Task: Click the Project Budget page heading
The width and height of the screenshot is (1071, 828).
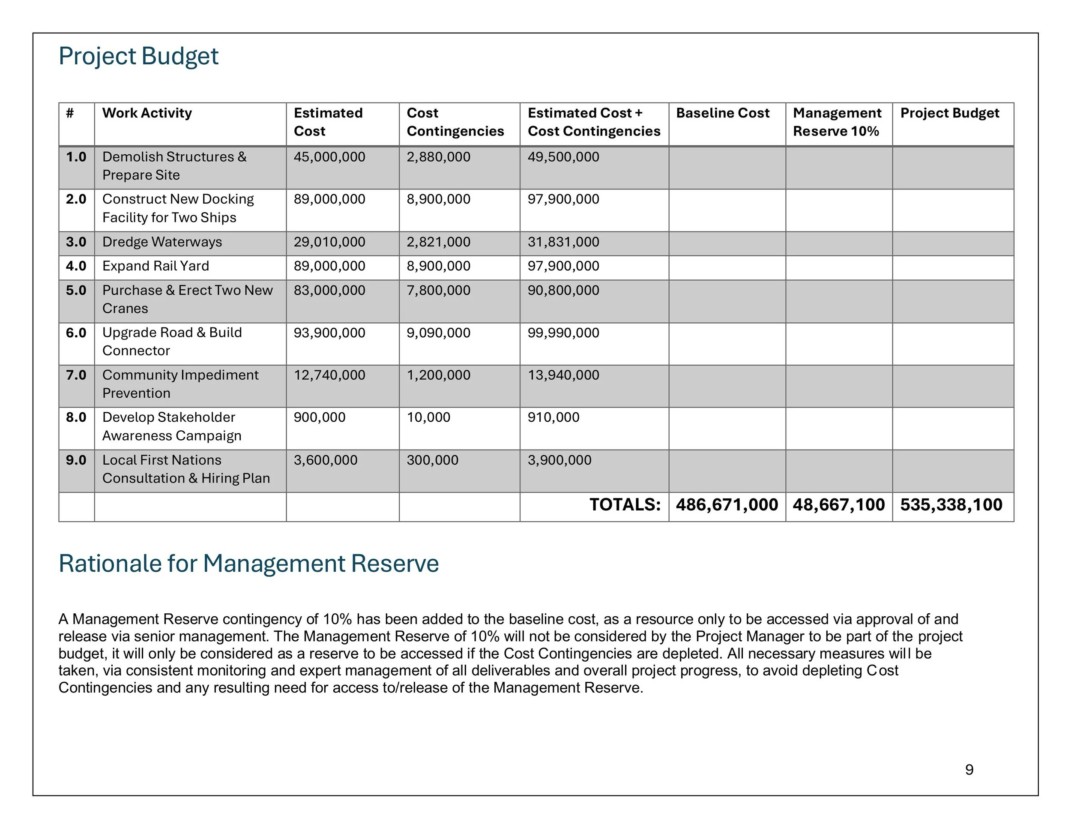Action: tap(138, 56)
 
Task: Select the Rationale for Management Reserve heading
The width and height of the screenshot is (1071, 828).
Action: tap(248, 563)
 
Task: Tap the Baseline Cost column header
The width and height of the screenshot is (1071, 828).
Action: tap(722, 113)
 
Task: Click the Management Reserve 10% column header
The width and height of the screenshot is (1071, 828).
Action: tap(837, 122)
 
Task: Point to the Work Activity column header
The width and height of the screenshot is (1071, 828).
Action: tap(147, 113)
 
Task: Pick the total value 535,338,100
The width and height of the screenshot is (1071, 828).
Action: tap(951, 505)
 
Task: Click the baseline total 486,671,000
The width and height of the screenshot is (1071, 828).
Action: tap(727, 505)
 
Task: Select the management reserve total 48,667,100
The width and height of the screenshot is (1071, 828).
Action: tap(838, 505)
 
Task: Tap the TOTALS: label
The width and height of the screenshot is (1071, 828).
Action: tap(625, 505)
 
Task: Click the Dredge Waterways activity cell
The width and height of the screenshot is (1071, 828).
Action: tap(162, 242)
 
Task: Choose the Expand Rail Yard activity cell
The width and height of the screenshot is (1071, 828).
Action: tap(156, 266)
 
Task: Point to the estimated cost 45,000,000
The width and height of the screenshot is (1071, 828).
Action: tap(329, 157)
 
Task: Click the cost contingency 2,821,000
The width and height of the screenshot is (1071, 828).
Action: tap(438, 242)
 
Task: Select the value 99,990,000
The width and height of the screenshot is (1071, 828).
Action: tap(563, 333)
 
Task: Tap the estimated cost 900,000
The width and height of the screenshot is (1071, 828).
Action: tap(319, 417)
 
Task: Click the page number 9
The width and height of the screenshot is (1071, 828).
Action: tap(969, 770)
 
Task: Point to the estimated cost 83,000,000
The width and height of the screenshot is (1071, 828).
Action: tap(329, 291)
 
